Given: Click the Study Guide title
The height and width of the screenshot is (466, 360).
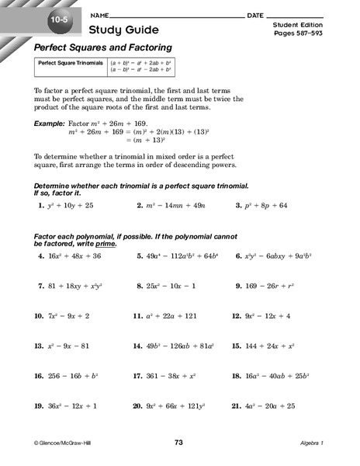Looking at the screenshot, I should [125, 30].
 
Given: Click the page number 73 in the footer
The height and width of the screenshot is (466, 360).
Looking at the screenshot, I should [178, 442].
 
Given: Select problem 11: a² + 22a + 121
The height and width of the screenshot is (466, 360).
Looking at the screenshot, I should [166, 316].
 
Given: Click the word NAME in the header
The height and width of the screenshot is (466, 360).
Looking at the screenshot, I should [100, 16].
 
